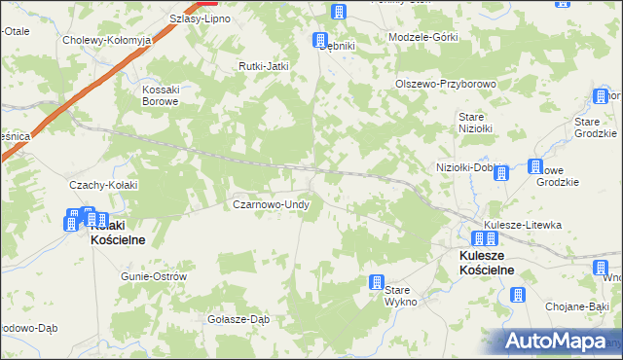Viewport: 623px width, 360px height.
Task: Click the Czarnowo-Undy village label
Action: [271, 205]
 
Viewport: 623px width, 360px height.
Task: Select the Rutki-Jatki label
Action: [265, 65]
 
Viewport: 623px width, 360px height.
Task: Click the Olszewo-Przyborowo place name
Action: [446, 84]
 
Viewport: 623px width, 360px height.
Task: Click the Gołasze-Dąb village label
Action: [238, 319]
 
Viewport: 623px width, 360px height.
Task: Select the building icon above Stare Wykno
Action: [376, 282]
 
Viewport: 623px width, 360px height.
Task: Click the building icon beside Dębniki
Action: [319, 40]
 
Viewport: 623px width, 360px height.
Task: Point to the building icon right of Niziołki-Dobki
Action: [501, 173]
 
